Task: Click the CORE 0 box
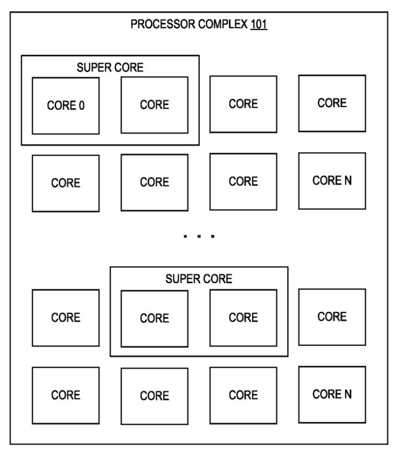[x=66, y=105]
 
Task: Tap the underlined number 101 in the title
[x=258, y=25]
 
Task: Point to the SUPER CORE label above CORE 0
[x=110, y=67]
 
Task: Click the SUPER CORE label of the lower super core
[x=199, y=279]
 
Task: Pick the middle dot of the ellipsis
[x=199, y=236]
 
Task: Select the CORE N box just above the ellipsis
[x=332, y=181]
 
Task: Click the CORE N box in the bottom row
[x=332, y=394]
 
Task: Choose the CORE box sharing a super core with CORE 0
[x=154, y=105]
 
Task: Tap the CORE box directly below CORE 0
[x=66, y=183]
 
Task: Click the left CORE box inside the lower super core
[x=154, y=318]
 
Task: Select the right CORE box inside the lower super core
[x=243, y=318]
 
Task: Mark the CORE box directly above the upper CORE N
[x=332, y=103]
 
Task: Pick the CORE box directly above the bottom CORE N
[x=332, y=317]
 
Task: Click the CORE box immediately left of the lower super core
[x=66, y=318]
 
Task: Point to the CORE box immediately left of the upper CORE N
[x=243, y=181]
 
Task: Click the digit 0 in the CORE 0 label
[x=82, y=105]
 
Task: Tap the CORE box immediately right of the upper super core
[x=243, y=104]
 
